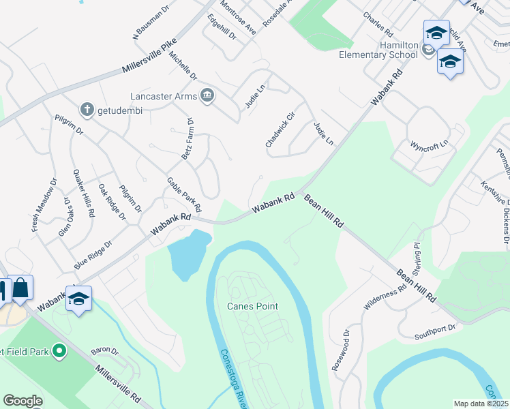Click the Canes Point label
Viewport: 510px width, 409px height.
point(252,306)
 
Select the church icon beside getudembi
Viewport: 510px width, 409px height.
point(87,109)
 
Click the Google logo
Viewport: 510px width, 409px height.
point(22,400)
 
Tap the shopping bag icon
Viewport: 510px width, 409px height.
point(20,288)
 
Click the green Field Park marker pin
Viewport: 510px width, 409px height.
point(59,352)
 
